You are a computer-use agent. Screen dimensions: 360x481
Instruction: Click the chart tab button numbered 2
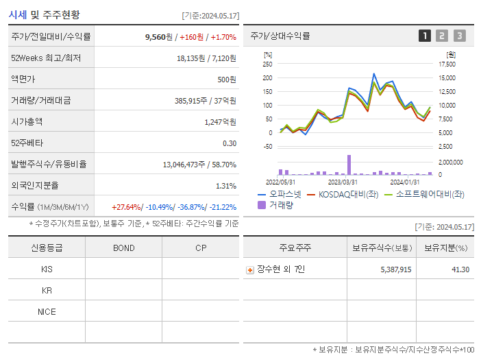pos(442,36)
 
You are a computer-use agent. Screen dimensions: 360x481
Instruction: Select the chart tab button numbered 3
pos(459,36)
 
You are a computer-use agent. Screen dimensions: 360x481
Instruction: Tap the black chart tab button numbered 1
pos(425,36)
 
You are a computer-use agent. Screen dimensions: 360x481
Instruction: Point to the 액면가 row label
pos(25,80)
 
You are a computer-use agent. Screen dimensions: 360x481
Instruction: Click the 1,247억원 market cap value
pos(220,122)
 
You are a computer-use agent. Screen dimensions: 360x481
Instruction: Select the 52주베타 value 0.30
pos(229,143)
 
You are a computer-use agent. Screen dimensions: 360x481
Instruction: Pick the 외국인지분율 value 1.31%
pos(225,186)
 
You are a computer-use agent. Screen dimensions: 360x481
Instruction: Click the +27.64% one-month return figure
pos(126,207)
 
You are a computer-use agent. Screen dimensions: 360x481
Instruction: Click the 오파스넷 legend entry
pos(279,195)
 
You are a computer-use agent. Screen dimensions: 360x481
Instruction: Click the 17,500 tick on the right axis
pos(447,64)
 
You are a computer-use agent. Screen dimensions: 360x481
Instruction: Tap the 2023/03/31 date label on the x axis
pos(343,182)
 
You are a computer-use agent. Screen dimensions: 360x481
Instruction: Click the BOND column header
pos(123,248)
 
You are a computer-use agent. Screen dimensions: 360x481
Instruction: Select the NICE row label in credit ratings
pos(47,311)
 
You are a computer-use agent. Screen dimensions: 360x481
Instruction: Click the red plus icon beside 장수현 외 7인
pos(250,270)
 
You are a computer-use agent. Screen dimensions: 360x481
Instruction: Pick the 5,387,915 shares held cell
pos(395,270)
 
